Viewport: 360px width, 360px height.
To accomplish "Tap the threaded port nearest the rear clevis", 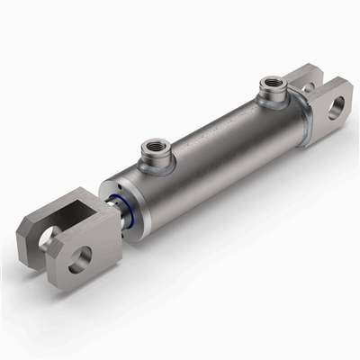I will [x=269, y=87].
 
